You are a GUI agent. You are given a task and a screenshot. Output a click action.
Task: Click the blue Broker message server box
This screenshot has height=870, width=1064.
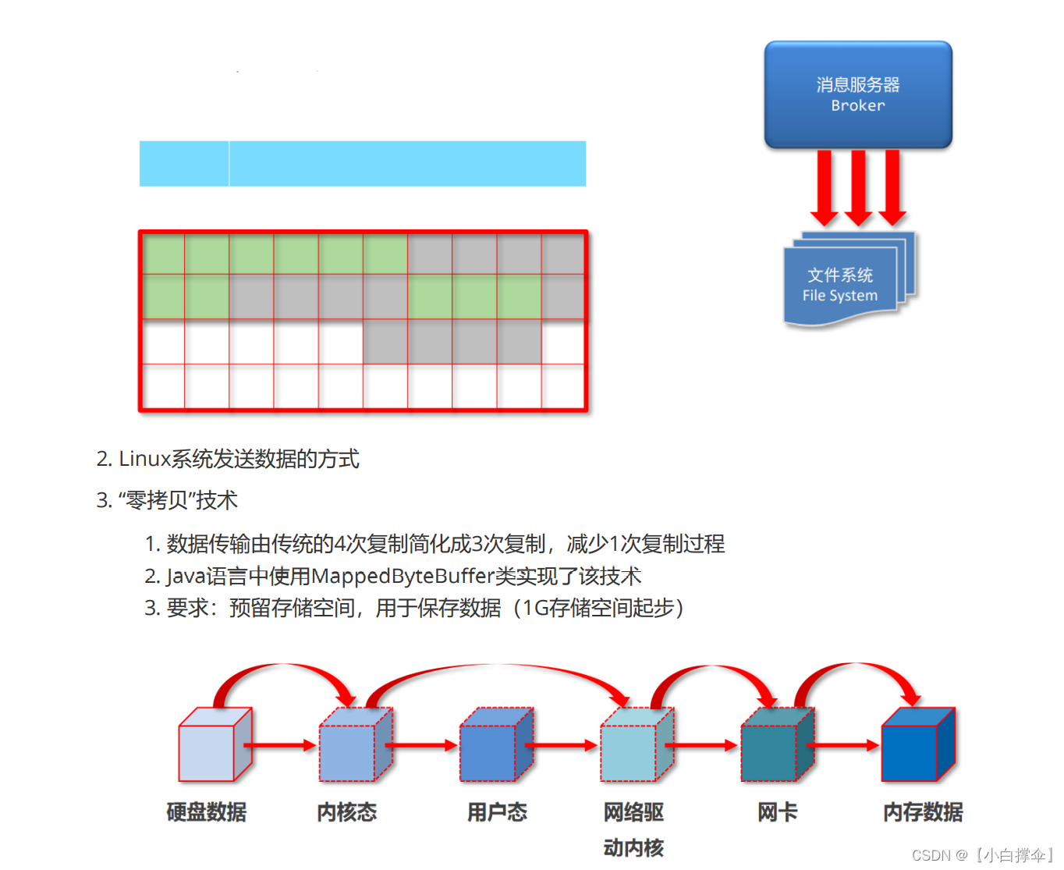point(858,94)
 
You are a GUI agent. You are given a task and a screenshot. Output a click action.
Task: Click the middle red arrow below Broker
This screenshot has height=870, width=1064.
point(858,187)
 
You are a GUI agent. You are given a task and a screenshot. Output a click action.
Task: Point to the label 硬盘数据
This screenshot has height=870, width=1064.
point(207,812)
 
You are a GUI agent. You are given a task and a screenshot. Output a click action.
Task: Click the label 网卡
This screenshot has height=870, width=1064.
point(777,812)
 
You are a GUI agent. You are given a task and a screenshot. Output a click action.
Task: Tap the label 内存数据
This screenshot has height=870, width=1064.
point(923,812)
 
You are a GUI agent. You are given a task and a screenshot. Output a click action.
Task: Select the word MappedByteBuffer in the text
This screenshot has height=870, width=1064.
point(403,577)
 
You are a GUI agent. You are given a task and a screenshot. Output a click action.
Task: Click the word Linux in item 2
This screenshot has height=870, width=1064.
point(144,459)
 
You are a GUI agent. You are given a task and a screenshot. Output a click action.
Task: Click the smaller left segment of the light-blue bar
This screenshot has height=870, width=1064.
point(184,164)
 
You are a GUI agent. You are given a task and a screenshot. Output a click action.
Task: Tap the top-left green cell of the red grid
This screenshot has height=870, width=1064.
point(163,254)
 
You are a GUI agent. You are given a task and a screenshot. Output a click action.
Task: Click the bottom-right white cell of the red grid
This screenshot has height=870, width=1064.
point(563,386)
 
